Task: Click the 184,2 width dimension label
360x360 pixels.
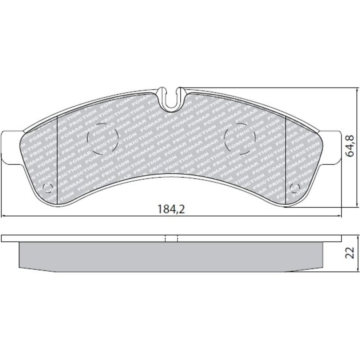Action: (171, 209)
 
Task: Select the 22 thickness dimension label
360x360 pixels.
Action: (350, 253)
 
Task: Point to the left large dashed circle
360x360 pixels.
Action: (103, 139)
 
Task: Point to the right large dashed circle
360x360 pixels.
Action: (240, 139)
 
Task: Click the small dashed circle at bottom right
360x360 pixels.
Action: (295, 188)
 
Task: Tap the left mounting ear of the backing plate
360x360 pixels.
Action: (11, 147)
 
